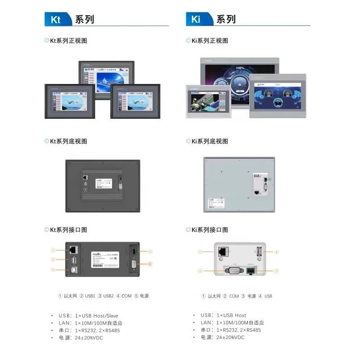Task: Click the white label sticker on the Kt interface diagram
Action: coord(105,260)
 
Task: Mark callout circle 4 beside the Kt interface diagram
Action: coord(150,264)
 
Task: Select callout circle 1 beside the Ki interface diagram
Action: coord(201,252)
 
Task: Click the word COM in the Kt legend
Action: coord(127,296)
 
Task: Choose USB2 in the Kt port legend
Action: coord(109,296)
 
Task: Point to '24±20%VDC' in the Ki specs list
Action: coord(230,338)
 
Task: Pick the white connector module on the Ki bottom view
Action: coord(259,184)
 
